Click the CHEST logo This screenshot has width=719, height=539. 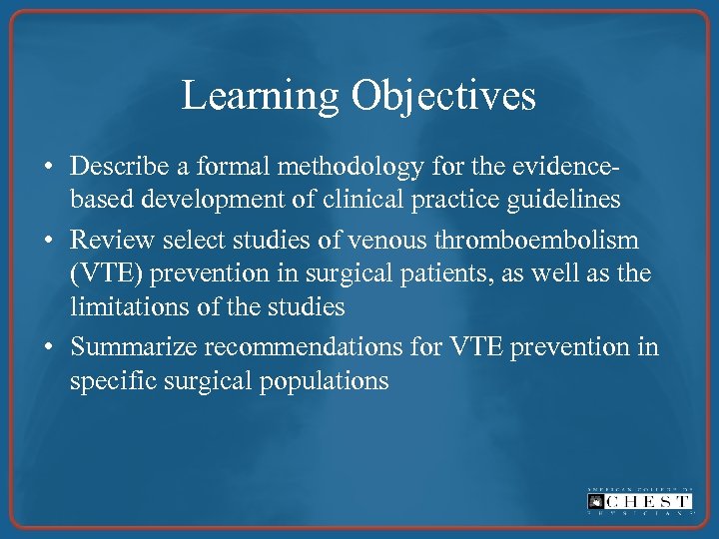pyautogui.click(x=639, y=501)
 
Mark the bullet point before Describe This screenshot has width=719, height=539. pyautogui.click(x=50, y=166)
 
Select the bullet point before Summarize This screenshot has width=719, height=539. pyautogui.click(x=50, y=346)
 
